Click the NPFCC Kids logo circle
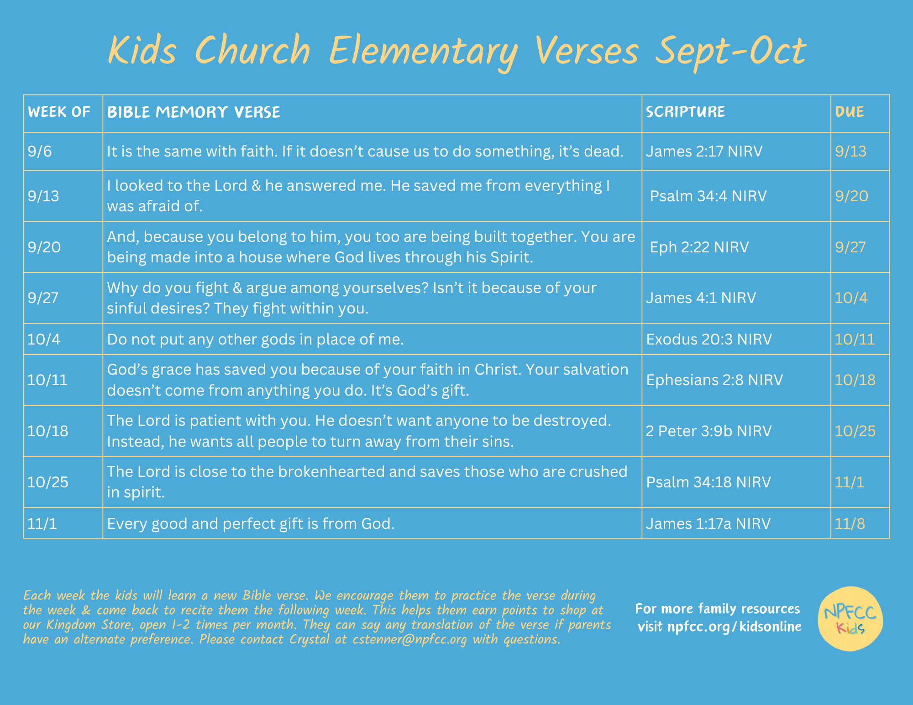(850, 619)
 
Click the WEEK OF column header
(59, 112)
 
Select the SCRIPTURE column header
(685, 112)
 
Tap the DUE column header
(850, 112)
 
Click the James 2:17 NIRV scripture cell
(704, 151)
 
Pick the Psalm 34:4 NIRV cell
(708, 196)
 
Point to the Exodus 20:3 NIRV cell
(709, 339)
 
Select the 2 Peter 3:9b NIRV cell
(708, 431)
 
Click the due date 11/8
(850, 523)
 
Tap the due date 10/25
(855, 431)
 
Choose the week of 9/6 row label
(40, 151)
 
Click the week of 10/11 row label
(47, 380)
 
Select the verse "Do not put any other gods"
(256, 339)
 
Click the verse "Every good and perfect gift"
(251, 523)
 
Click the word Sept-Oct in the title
(731, 52)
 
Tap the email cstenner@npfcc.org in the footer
(409, 639)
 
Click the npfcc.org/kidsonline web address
(734, 627)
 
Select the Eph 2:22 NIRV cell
(699, 247)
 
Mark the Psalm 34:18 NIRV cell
(708, 482)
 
